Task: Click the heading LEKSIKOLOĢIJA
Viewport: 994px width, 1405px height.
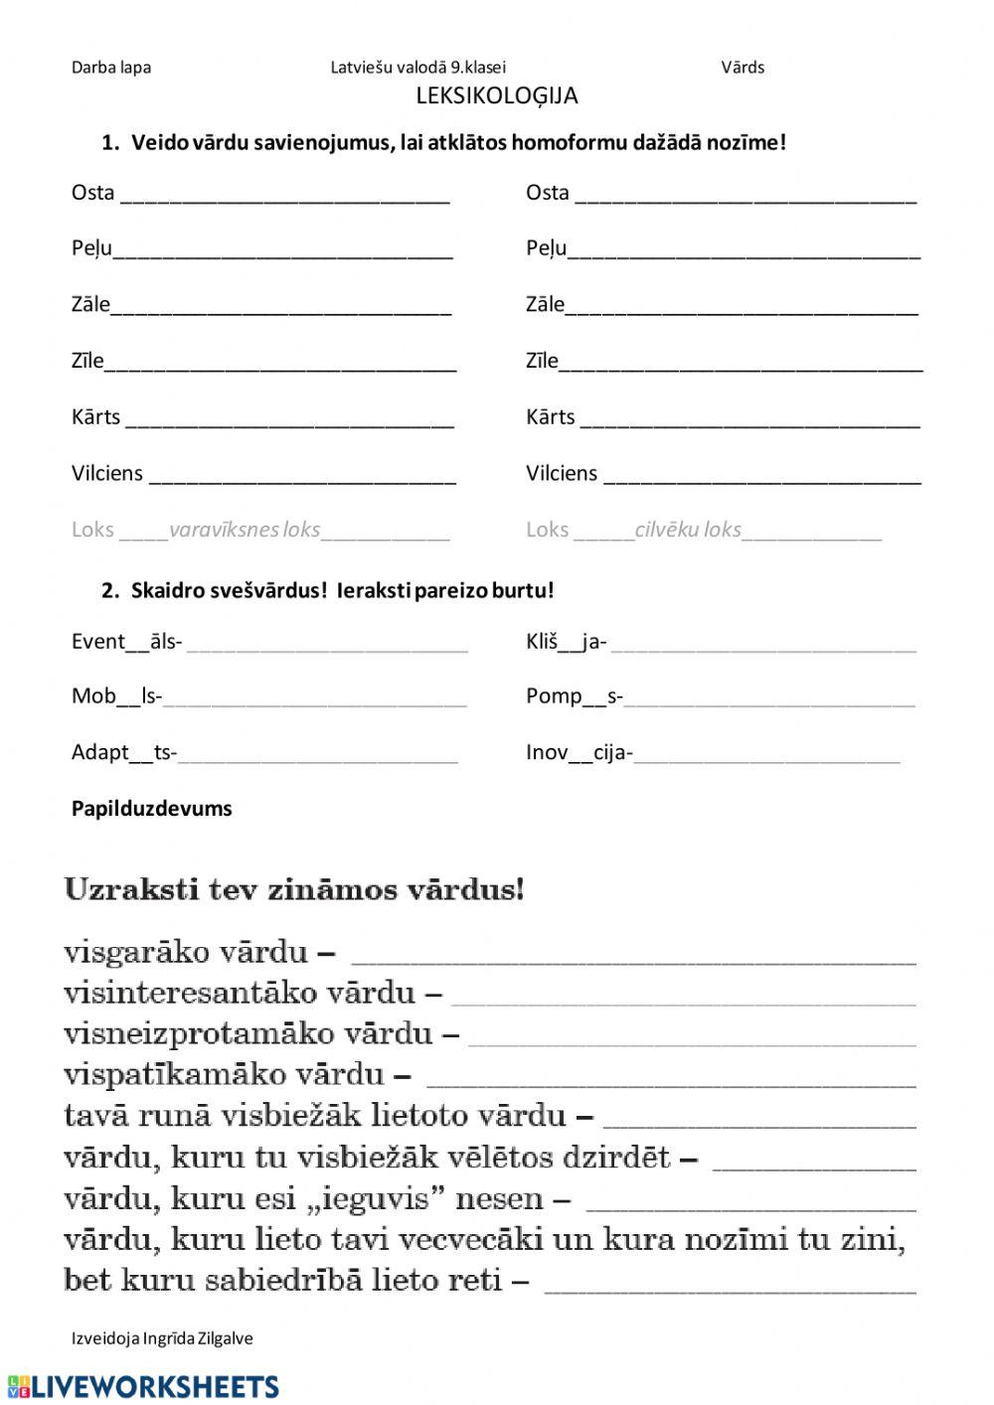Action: coord(496,95)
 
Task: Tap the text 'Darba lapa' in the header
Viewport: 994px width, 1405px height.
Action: coord(111,68)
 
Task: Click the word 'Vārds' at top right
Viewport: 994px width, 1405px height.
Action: coord(743,68)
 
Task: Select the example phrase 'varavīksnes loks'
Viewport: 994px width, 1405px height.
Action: coord(245,530)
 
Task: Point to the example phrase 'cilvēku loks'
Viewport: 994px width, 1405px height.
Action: coord(688,530)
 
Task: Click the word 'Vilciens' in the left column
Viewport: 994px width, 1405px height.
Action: coord(107,473)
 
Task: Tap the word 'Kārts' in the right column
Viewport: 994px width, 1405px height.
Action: coord(550,417)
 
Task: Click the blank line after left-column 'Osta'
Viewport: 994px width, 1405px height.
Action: coord(285,199)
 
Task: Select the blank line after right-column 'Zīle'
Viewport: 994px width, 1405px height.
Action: coord(741,367)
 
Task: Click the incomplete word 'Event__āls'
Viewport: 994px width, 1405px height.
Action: coord(126,642)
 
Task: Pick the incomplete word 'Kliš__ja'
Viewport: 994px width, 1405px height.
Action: coord(566,642)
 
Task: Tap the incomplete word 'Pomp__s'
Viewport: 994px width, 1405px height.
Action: coord(574,697)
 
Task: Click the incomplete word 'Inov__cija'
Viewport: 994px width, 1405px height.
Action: coord(579,752)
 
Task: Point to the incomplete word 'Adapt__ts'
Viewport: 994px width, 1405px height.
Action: coord(123,752)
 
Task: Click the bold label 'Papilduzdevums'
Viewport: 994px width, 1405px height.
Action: coord(151,809)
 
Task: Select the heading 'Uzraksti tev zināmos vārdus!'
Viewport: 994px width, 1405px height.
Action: coord(293,888)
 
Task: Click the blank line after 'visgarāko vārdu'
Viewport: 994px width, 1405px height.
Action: coord(634,960)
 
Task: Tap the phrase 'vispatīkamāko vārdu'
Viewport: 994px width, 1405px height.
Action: coord(224,1074)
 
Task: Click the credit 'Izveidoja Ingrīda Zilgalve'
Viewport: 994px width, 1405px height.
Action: coord(162,1338)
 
